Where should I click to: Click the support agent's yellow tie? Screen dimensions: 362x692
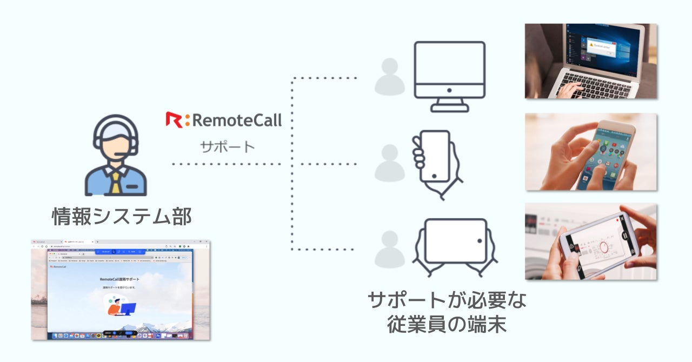tap(116, 182)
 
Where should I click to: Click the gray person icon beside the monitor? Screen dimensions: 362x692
tap(389, 77)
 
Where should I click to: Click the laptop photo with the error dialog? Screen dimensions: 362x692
tap(590, 61)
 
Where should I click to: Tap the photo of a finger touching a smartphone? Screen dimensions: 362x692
tap(590, 151)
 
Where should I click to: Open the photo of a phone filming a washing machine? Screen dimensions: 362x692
tap(590, 242)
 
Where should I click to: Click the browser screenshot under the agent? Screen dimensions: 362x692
tap(121, 290)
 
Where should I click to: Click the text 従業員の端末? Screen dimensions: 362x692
tap(446, 325)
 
